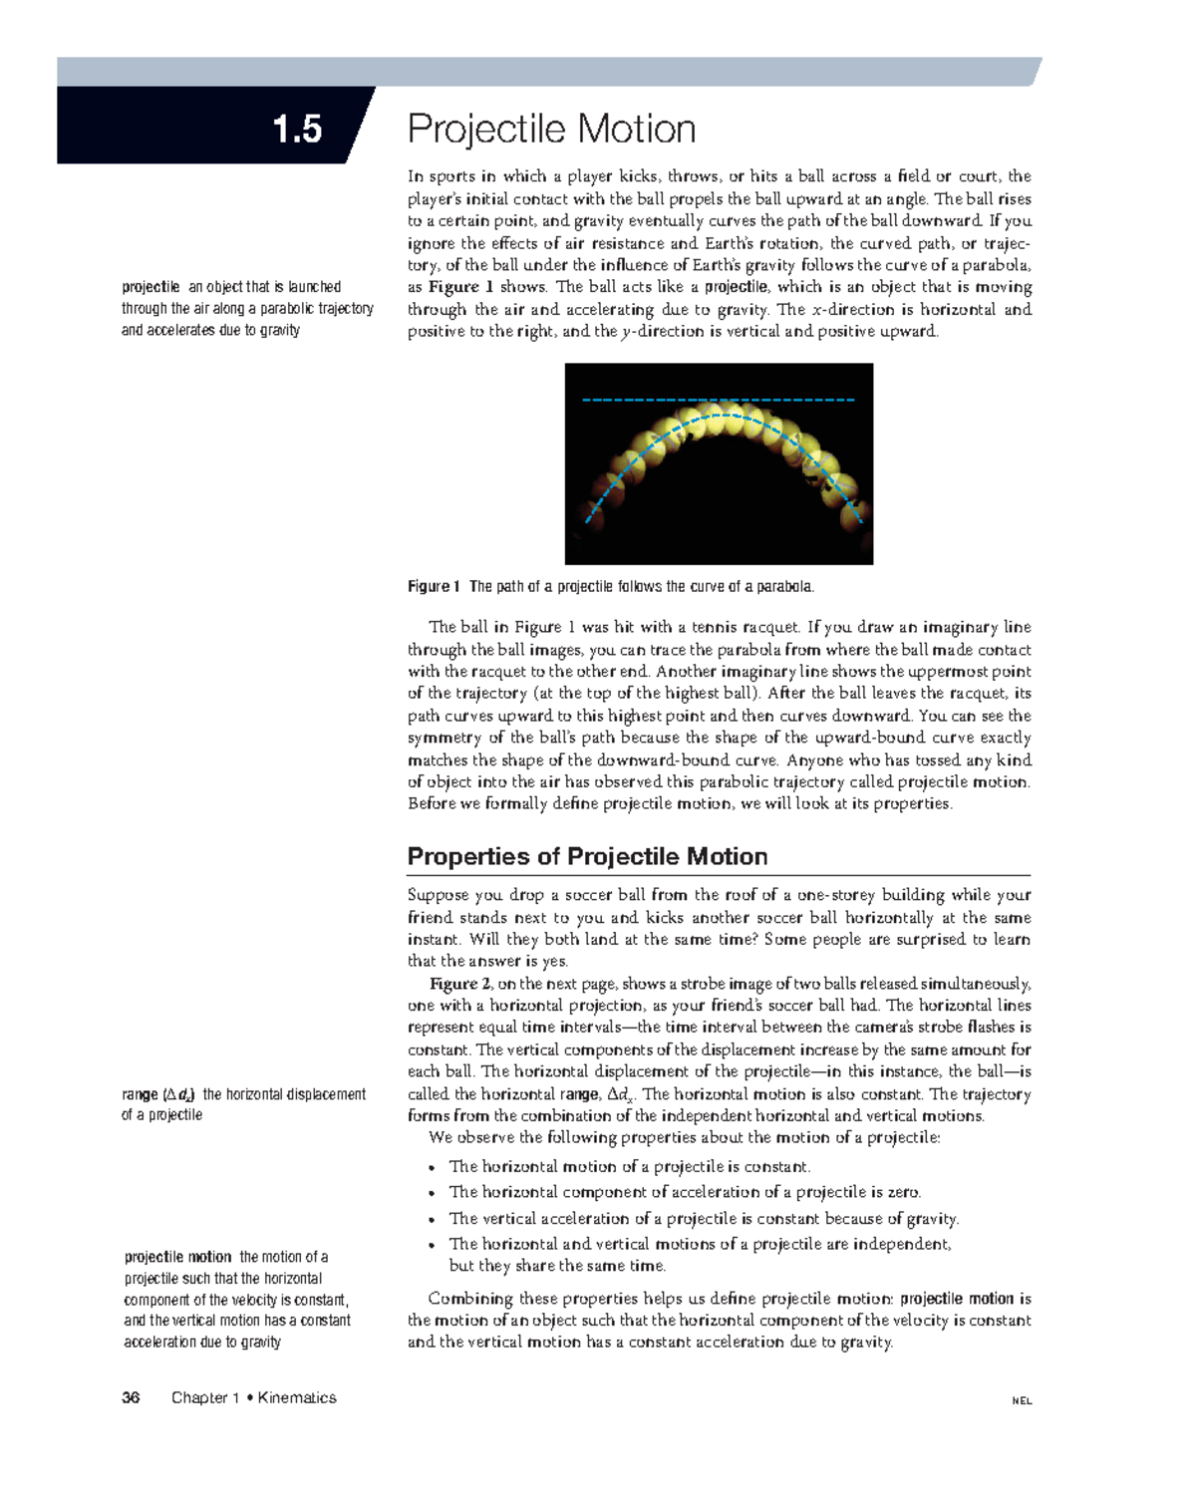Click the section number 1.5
pos(297,130)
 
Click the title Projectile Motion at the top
pos(551,130)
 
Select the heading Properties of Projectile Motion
pos(587,856)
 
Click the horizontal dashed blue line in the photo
pos(718,400)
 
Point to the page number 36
pos(131,1397)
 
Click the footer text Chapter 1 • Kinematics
pos(253,1397)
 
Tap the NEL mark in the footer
pos(1022,1400)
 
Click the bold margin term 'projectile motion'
pos(177,1257)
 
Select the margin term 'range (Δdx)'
pos(158,1093)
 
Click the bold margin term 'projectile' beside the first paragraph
pos(150,287)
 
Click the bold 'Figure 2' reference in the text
pos(453,984)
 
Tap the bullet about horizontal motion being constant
pos(629,1166)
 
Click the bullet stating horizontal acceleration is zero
pos(685,1192)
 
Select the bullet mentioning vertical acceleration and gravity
pos(704,1218)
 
